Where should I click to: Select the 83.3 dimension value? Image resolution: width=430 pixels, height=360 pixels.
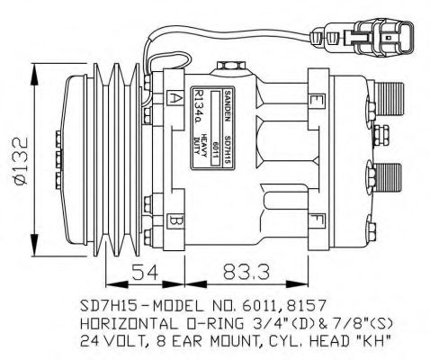coord(238,271)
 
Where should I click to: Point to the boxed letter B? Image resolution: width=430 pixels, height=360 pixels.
coord(176,219)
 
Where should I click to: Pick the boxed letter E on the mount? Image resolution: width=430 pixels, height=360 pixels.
coord(317,98)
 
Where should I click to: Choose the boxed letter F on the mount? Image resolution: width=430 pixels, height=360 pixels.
coord(317,219)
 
